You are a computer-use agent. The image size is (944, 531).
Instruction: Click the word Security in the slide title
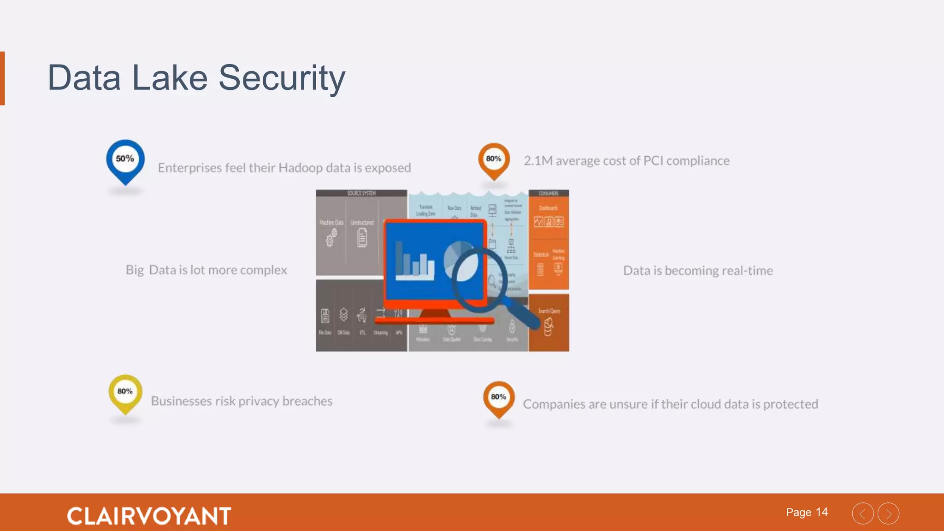(282, 78)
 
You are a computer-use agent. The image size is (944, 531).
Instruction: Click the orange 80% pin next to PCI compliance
(494, 160)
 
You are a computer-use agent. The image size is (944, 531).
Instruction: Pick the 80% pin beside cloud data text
(498, 398)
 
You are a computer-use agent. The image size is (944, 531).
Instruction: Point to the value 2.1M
(537, 161)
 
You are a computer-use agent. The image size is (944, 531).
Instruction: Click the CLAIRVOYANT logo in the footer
(149, 516)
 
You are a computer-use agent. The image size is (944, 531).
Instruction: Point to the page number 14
(822, 512)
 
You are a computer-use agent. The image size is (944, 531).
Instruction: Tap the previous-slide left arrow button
(863, 513)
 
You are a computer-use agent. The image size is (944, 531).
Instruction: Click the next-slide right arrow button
(889, 513)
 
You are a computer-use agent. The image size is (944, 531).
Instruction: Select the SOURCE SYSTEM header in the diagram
(361, 194)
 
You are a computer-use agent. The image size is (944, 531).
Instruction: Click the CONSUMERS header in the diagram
(549, 194)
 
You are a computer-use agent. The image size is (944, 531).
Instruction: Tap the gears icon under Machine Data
(331, 238)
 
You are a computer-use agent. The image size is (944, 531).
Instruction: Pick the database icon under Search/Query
(549, 328)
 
